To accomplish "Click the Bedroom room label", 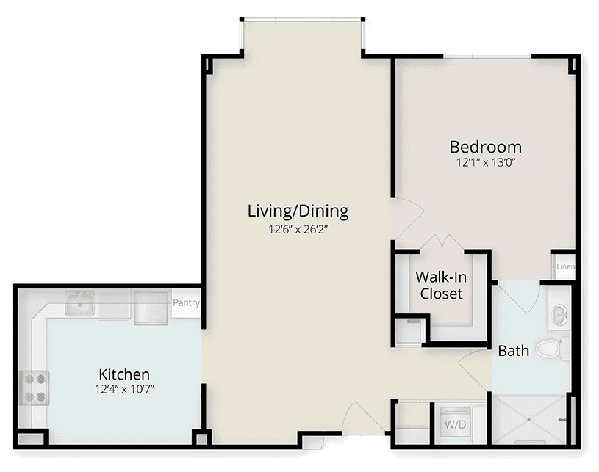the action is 486,147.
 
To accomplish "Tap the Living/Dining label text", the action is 298,211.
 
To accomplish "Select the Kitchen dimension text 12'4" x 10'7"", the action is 124,390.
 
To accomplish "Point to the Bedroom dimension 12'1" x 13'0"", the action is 486,163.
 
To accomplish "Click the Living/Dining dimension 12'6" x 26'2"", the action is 298,229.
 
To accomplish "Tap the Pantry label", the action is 186,303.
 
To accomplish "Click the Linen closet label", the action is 565,266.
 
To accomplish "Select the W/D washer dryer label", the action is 456,424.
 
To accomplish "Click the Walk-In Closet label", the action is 441,286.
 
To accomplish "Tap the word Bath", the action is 514,351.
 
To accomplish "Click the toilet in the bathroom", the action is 553,349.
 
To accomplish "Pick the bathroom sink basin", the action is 559,315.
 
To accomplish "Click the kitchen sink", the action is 80,304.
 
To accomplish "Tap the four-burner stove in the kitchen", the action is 35,388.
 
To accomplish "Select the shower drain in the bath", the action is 529,419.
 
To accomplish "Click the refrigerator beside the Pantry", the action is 151,308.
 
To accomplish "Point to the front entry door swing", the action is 364,418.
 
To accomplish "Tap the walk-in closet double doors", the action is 442,243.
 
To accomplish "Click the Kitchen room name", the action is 124,374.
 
